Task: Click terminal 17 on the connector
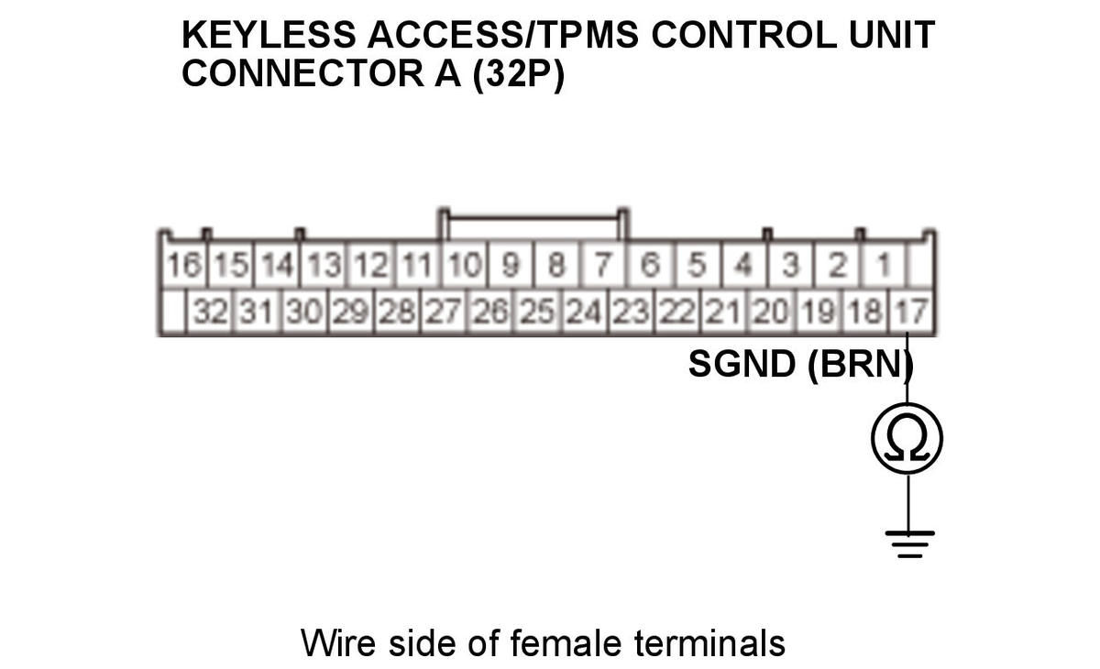(x=909, y=314)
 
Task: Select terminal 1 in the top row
(x=884, y=268)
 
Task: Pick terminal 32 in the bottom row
(x=211, y=314)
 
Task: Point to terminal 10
(x=465, y=268)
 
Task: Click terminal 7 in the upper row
(x=603, y=268)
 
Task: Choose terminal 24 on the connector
(x=584, y=314)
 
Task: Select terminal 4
(x=743, y=268)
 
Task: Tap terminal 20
(x=770, y=314)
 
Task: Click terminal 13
(x=324, y=268)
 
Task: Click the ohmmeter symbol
(x=907, y=439)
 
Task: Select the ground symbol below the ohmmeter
(x=907, y=542)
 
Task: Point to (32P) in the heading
(x=518, y=73)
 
